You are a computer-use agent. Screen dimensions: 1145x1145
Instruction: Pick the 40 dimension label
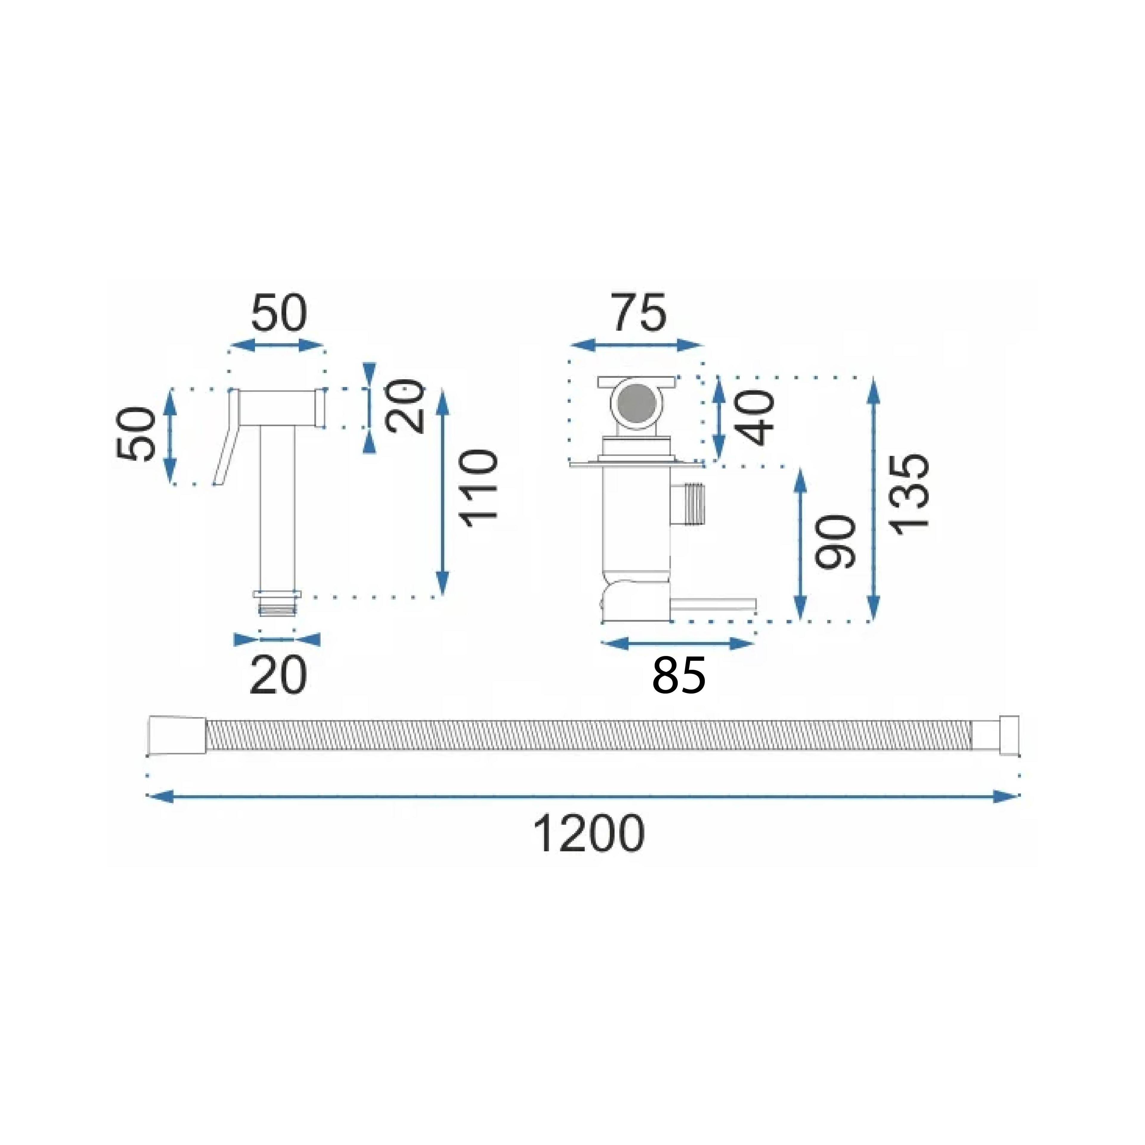tap(756, 417)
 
